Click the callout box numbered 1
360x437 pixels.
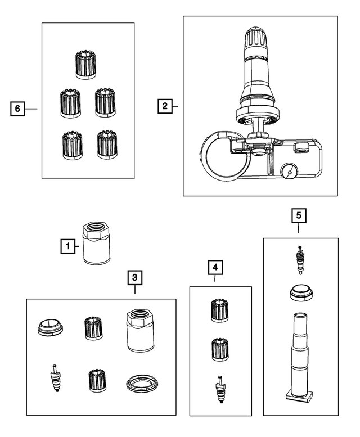[67, 246]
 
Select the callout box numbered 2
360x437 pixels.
[165, 106]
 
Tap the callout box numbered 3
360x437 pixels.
[135, 277]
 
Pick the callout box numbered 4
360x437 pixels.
[215, 268]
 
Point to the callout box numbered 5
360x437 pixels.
[299, 215]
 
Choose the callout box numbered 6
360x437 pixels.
[17, 109]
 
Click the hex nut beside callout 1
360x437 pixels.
[96, 243]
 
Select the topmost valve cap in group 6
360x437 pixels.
[86, 65]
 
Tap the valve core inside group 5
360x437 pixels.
[300, 260]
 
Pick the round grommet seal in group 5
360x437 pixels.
[301, 293]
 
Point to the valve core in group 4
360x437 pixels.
[220, 389]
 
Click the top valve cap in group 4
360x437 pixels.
[220, 310]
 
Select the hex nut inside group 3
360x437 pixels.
[141, 331]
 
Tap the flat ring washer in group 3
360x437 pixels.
[142, 384]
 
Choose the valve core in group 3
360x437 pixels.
[57, 378]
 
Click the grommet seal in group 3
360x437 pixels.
[50, 328]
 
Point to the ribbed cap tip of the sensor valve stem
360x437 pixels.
[256, 38]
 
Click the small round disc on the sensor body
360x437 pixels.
[289, 173]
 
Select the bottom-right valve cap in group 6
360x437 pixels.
[107, 145]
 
